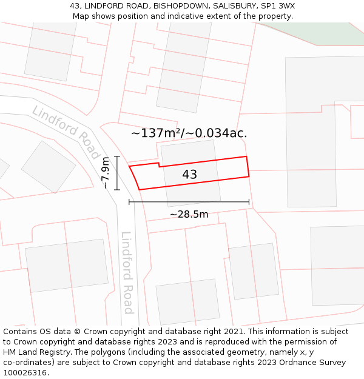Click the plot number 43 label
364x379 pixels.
[189, 175]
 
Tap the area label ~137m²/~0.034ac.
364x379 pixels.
[189, 133]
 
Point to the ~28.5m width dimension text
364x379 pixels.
[189, 214]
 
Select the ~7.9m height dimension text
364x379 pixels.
[106, 173]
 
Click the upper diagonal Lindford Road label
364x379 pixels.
[66, 132]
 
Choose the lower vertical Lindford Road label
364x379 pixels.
[127, 272]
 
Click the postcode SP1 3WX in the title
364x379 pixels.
[279, 6]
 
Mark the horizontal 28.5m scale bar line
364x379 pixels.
[189, 202]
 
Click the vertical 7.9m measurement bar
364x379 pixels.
[117, 173]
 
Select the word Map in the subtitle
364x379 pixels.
[82, 16]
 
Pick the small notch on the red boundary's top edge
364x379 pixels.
[159, 164]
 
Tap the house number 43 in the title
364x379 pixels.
[75, 6]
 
